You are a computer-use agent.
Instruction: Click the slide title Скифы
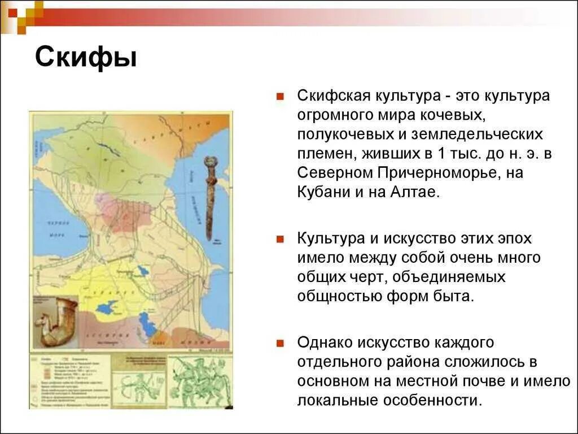point(86,58)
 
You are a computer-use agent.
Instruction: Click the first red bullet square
point(279,96)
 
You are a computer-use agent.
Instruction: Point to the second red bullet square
point(279,239)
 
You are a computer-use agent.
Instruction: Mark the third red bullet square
point(279,343)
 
